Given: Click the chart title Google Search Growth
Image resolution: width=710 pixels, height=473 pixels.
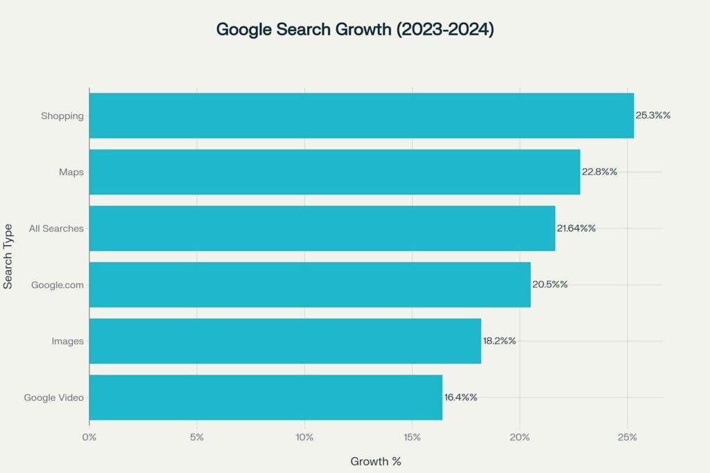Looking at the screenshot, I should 355,30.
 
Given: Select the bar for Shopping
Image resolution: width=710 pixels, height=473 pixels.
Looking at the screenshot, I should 361,116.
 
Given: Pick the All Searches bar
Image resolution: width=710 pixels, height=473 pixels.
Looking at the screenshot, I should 322,228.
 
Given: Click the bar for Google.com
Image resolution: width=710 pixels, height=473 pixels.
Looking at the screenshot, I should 309,285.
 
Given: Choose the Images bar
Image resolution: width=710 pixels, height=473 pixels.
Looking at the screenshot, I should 285,341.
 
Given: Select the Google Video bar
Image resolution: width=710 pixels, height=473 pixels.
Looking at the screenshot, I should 266,398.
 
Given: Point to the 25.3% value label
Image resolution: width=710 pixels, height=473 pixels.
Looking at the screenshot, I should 652,116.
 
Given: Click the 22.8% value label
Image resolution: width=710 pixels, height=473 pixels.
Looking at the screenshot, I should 599,172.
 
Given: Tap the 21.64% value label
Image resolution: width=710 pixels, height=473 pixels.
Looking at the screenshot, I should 576,228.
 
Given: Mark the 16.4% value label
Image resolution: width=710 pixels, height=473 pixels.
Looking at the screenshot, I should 460,398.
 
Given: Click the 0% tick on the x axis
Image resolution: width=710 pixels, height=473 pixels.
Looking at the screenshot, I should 89,437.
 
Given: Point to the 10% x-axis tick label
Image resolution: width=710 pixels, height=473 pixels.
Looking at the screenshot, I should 304,437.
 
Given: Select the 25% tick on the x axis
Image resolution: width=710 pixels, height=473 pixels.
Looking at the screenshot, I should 627,437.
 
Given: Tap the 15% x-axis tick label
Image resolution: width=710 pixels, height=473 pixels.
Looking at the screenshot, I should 412,437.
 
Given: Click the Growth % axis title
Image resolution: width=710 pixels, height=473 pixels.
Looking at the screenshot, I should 376,461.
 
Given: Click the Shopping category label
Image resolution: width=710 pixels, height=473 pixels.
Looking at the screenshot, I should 62,116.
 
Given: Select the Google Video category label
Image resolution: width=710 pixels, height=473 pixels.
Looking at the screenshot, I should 53,398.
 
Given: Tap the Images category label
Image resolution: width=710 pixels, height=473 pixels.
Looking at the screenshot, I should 68,341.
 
